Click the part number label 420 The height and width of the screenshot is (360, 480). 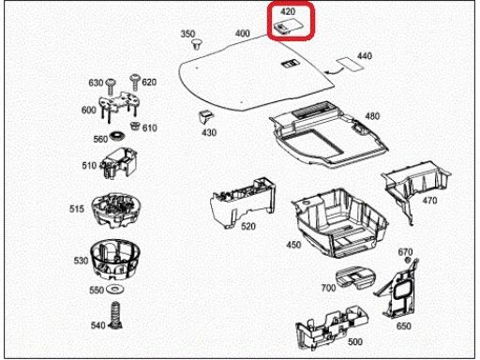288,12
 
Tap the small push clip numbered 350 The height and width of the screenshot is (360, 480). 196,44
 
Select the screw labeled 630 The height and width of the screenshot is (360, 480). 111,86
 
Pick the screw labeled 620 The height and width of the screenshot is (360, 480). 135,82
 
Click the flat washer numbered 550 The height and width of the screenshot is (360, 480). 115,289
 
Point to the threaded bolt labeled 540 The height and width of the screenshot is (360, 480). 115,315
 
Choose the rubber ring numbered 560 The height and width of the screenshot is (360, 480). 117,136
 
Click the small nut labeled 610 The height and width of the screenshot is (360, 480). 135,127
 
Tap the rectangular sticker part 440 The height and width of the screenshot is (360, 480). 350,64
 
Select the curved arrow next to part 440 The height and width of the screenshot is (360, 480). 333,71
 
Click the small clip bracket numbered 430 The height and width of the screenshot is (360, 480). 206,116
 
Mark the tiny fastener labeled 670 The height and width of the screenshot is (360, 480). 408,260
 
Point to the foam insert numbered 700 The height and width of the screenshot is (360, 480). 355,277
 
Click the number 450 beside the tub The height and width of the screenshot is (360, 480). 293,245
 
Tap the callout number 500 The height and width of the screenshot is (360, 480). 355,341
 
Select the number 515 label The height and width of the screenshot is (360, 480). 77,209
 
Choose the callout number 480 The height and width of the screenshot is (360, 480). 372,116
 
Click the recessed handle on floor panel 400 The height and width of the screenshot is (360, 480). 291,63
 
